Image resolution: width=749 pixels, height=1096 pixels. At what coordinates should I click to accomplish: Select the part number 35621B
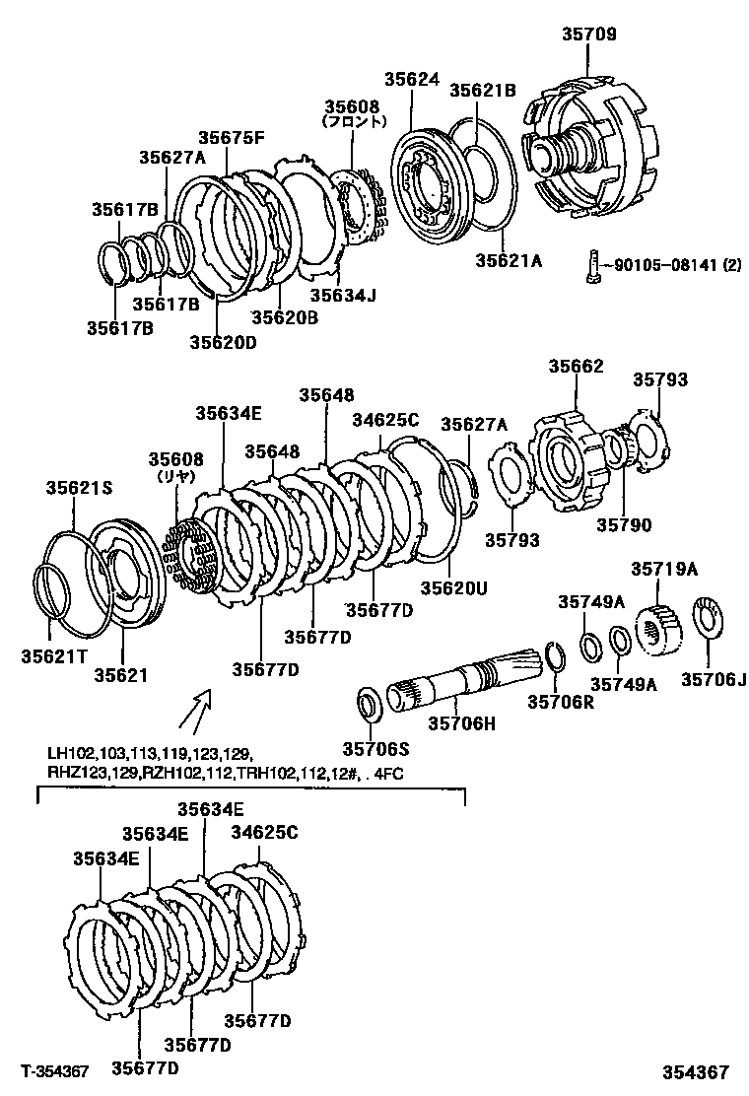(483, 91)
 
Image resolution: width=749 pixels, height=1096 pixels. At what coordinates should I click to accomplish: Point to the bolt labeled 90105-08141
(589, 265)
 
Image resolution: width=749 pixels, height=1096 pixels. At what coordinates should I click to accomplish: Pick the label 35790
(623, 525)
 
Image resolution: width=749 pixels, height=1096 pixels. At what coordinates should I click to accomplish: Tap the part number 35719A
(664, 570)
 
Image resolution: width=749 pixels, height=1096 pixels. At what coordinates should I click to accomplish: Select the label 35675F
(232, 139)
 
